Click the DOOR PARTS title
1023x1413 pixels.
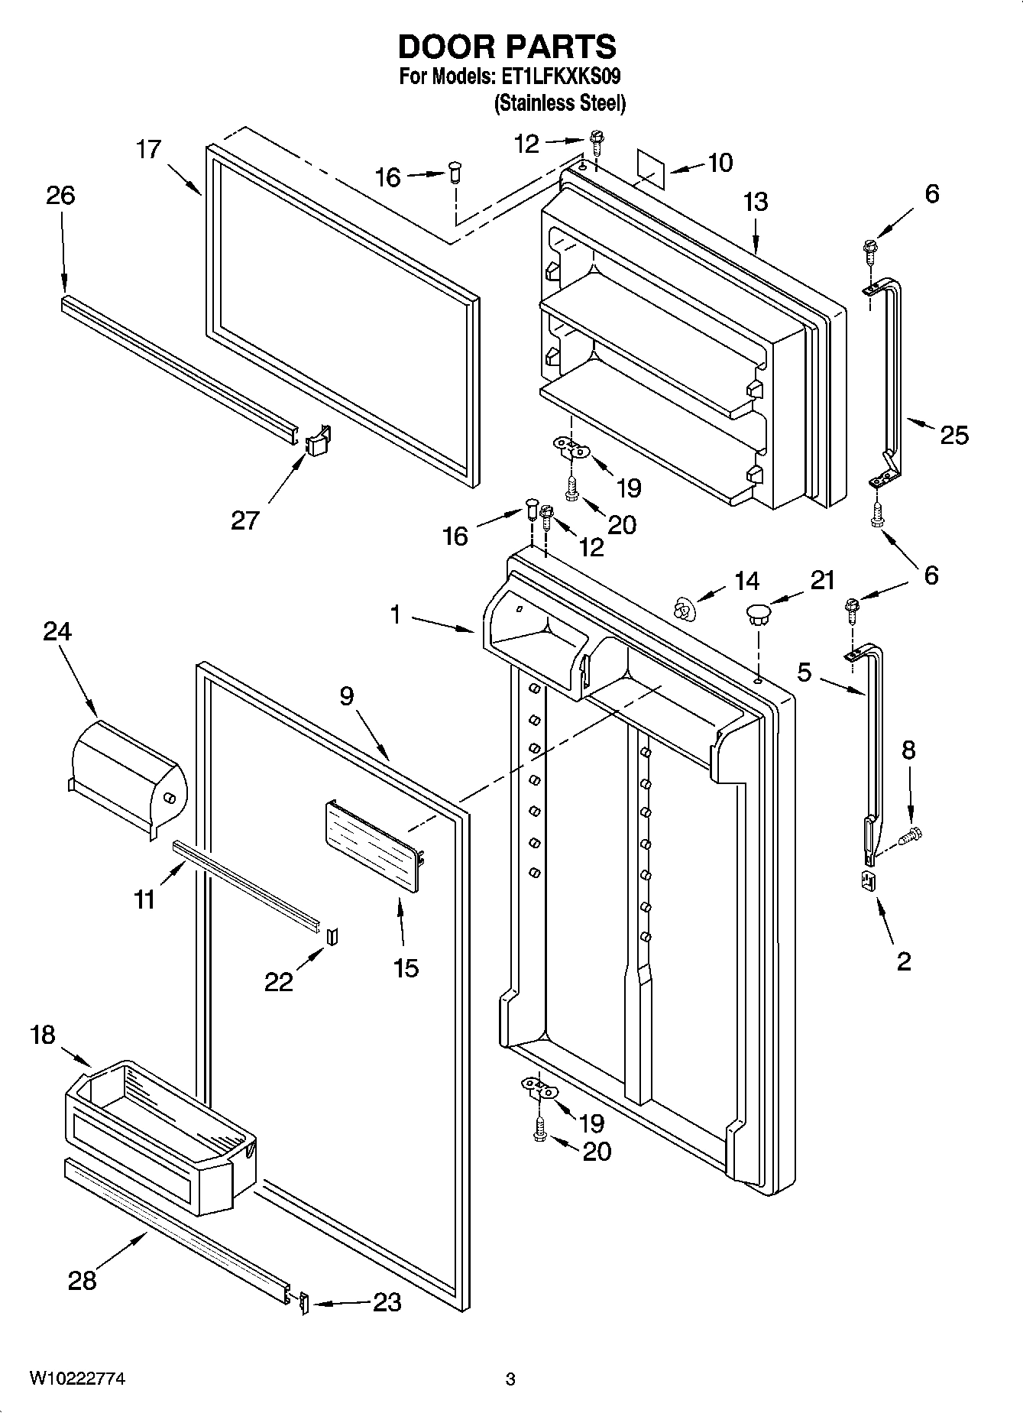point(507,47)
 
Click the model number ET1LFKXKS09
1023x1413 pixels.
point(560,77)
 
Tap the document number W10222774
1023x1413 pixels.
point(77,1379)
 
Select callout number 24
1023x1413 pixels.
point(57,631)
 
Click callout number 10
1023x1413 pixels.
point(720,162)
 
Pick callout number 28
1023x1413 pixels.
point(82,1280)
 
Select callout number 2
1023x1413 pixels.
point(904,961)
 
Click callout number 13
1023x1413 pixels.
point(755,203)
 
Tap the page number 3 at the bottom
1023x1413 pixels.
point(510,1379)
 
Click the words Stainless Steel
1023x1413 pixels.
point(560,103)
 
